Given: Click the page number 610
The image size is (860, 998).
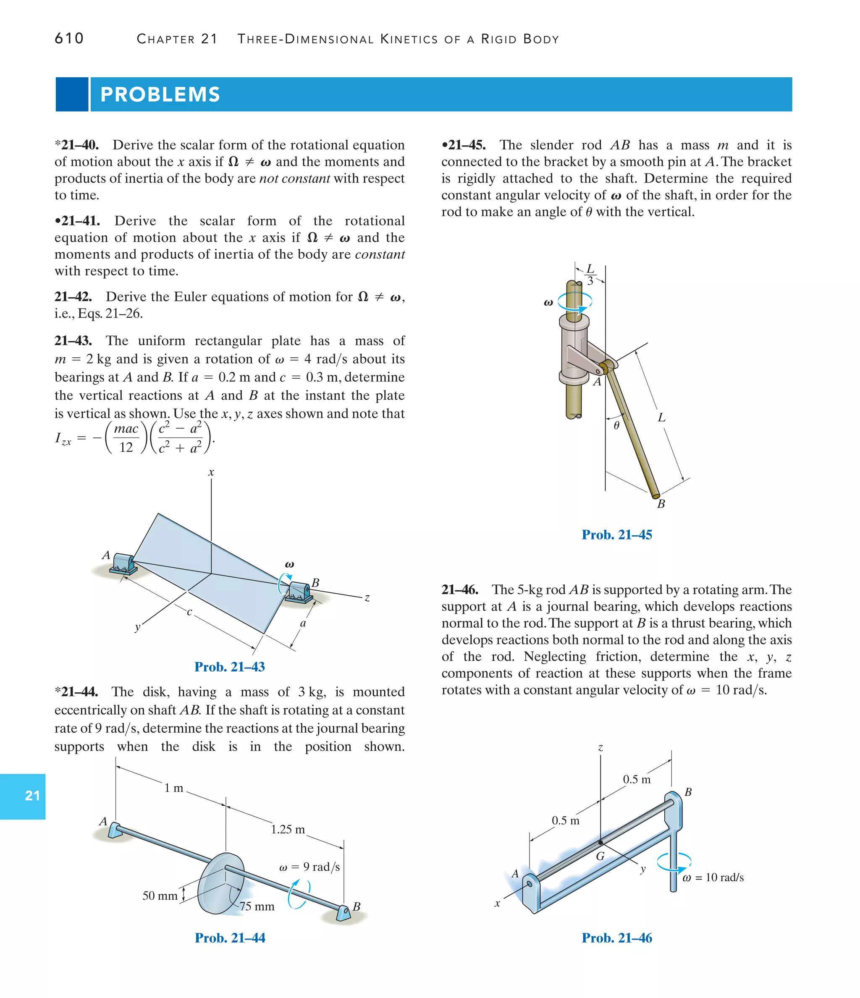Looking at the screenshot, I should (x=69, y=39).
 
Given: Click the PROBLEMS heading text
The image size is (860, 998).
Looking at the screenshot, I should (x=160, y=94).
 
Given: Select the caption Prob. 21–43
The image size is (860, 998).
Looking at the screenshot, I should (x=229, y=667).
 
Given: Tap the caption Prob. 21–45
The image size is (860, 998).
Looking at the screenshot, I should (x=617, y=534).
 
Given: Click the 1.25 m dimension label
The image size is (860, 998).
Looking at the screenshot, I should (x=288, y=829).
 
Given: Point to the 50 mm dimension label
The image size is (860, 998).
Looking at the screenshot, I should (x=160, y=896).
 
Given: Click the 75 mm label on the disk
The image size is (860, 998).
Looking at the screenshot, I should (x=257, y=906).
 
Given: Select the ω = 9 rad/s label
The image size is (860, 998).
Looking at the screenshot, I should (x=309, y=867).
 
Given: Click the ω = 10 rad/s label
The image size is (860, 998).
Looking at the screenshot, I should (x=713, y=877).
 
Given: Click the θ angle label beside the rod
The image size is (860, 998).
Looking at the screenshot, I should (x=616, y=426).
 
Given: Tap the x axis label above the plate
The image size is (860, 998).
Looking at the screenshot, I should (x=211, y=472).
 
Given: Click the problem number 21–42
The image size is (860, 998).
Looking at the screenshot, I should (x=73, y=297).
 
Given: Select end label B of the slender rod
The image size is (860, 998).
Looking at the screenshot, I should (x=661, y=504).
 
